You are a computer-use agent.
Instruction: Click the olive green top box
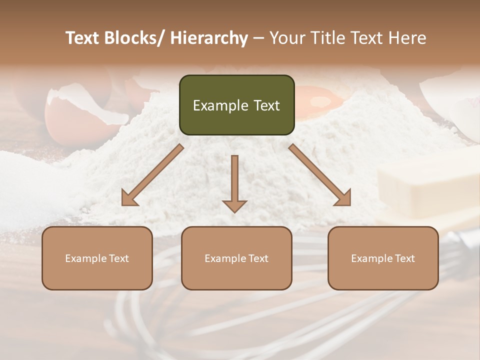[236, 105]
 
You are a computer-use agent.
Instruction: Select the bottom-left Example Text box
[97, 258]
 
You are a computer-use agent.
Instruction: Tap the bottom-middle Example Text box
[236, 258]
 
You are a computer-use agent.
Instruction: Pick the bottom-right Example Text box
[383, 258]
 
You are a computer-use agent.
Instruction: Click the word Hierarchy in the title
[209, 38]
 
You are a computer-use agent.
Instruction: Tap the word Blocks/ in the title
[135, 38]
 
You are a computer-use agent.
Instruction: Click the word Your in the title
[285, 38]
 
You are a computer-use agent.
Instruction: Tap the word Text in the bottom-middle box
[257, 258]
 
